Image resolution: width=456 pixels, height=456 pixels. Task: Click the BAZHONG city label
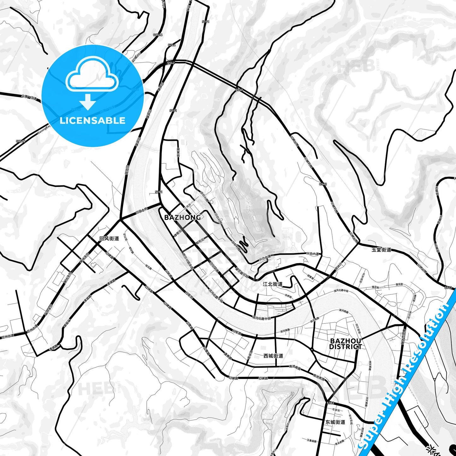182,217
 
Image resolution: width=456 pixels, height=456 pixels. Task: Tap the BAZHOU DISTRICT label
346,344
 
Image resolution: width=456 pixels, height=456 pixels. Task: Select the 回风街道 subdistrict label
109,239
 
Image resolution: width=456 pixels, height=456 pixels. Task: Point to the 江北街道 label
273,284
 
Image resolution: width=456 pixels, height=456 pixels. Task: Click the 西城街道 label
273,356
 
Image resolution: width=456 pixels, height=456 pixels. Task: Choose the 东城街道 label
335,422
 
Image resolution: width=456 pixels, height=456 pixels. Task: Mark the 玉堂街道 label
381,250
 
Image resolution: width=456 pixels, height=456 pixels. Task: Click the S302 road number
330,403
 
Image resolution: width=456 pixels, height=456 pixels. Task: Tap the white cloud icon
92,73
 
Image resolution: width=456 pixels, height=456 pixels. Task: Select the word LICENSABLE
92,121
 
